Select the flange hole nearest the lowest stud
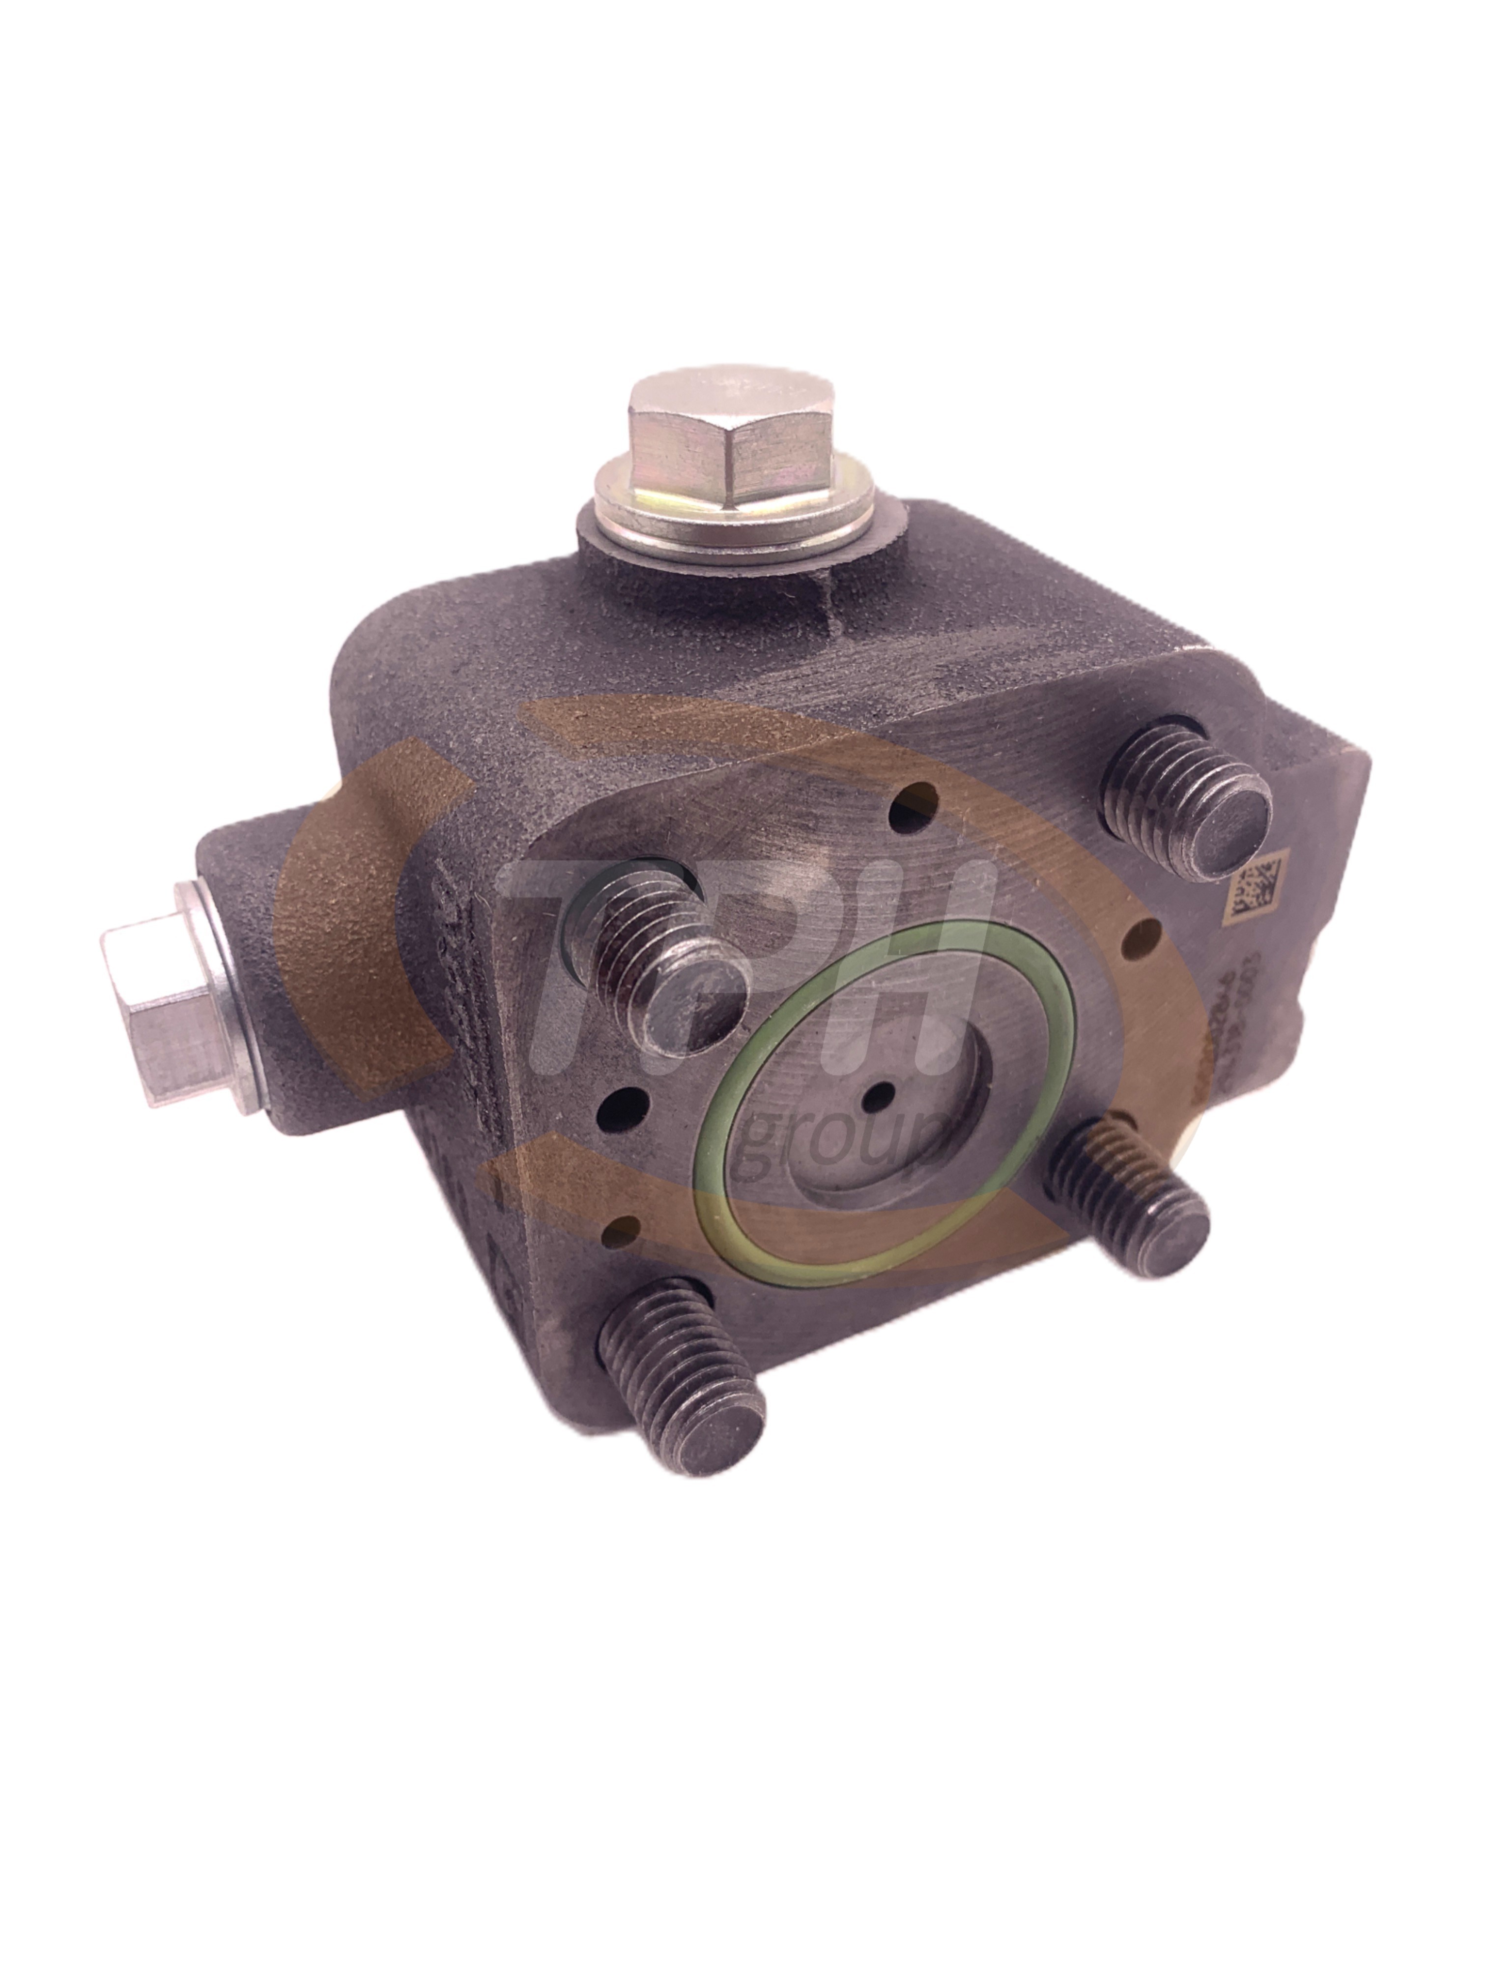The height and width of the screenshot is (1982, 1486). pyautogui.click(x=618, y=1232)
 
